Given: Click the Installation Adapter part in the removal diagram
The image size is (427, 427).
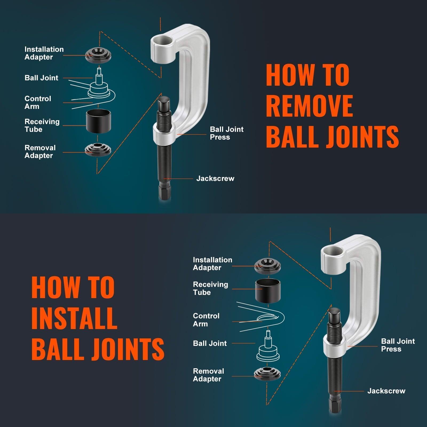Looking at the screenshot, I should (98, 55).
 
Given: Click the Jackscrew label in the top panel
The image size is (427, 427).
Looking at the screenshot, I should (215, 179).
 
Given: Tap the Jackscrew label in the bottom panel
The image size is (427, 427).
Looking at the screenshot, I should (386, 391).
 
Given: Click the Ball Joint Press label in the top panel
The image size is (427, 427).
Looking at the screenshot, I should (226, 133).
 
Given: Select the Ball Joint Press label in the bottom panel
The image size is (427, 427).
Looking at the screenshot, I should (398, 345).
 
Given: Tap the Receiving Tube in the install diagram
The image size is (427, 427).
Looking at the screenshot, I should (268, 291).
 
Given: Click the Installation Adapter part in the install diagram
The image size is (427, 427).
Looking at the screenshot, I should (267, 266).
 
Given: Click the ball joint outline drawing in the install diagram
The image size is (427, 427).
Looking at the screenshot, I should (268, 350).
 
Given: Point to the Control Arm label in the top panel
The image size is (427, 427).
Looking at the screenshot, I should (37, 102).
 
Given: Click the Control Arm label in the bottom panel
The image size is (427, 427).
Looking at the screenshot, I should (206, 320).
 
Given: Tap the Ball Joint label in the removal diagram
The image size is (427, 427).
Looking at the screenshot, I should (41, 78).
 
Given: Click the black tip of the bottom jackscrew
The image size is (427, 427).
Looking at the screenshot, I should (334, 314).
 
